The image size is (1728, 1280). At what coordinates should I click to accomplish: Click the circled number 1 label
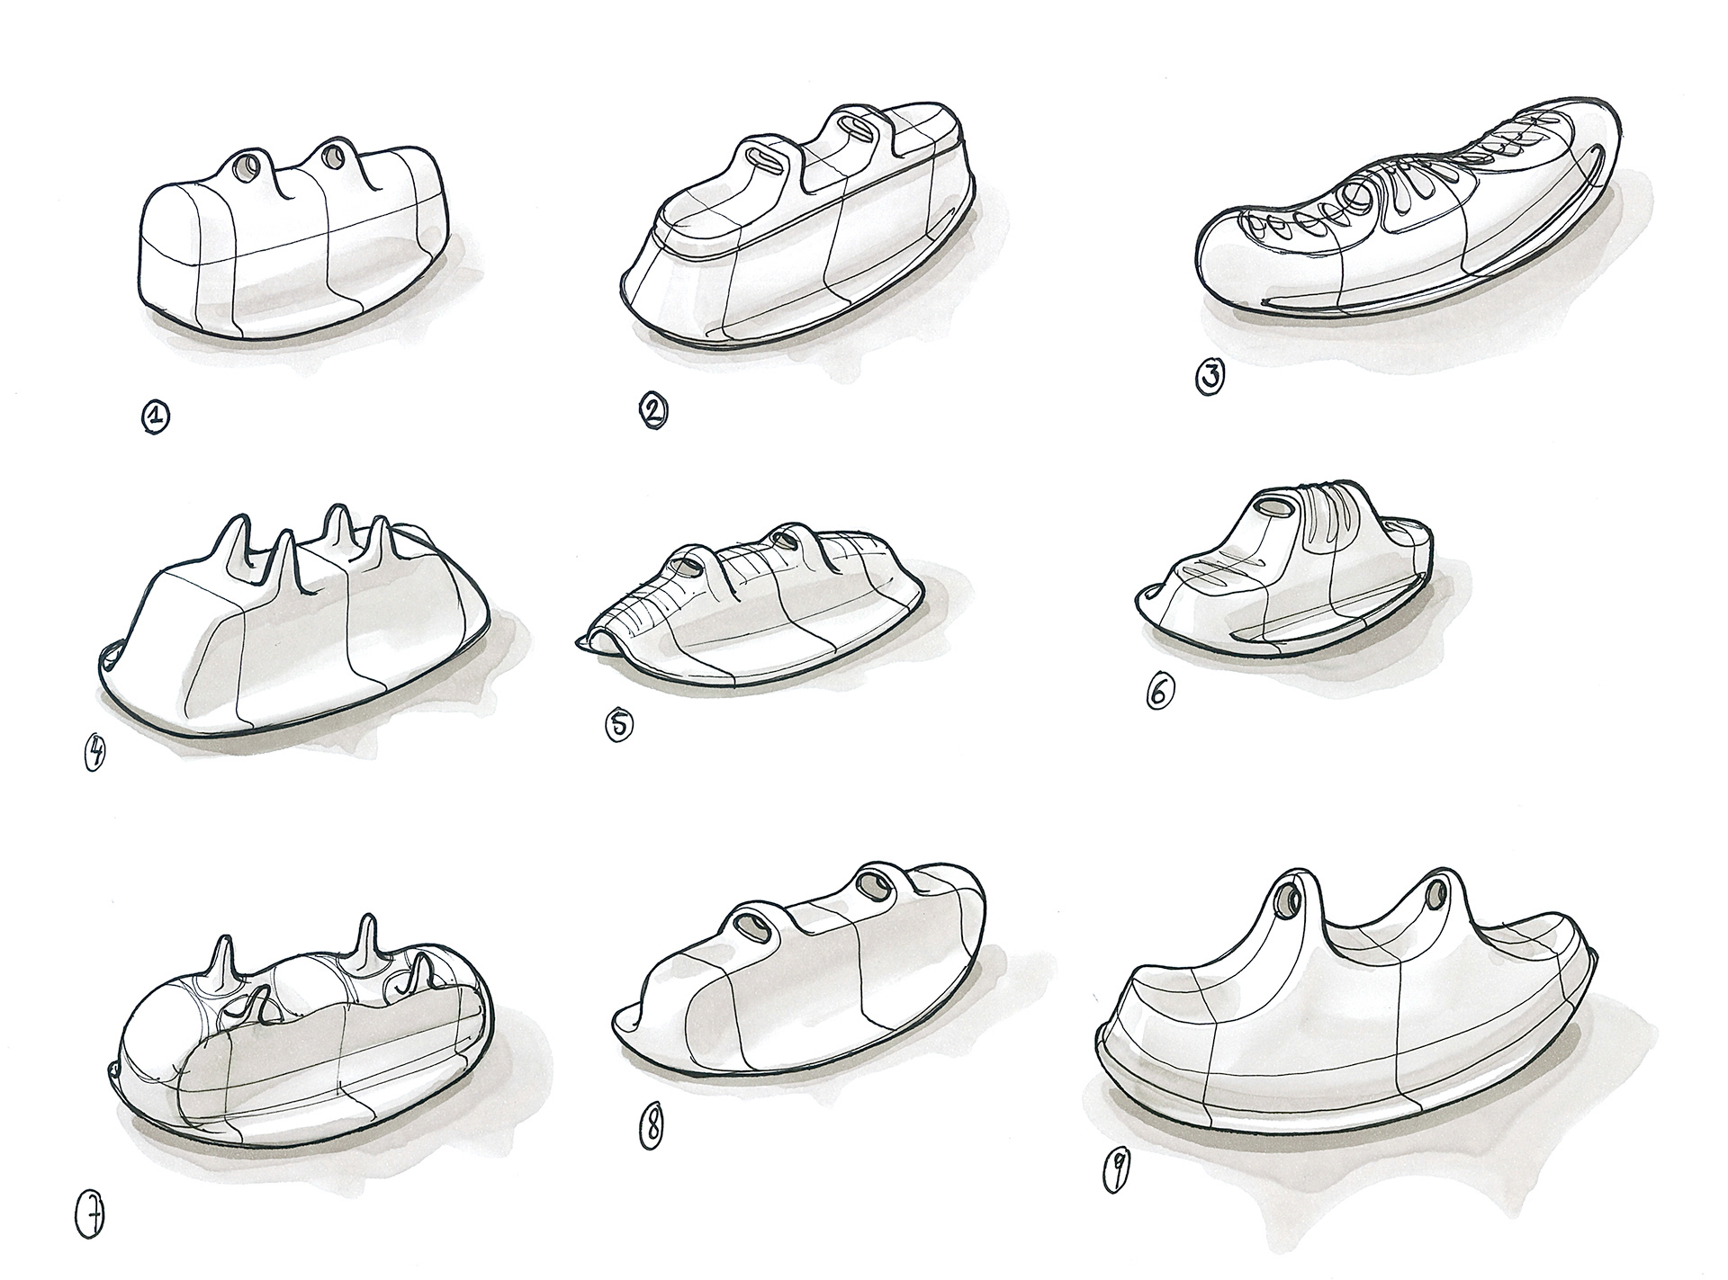click(x=155, y=416)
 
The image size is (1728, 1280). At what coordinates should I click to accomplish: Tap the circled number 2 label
click(x=652, y=411)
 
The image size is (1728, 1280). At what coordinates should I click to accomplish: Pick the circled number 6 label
click(x=1160, y=692)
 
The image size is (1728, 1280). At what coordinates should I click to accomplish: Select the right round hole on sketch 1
click(x=334, y=157)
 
